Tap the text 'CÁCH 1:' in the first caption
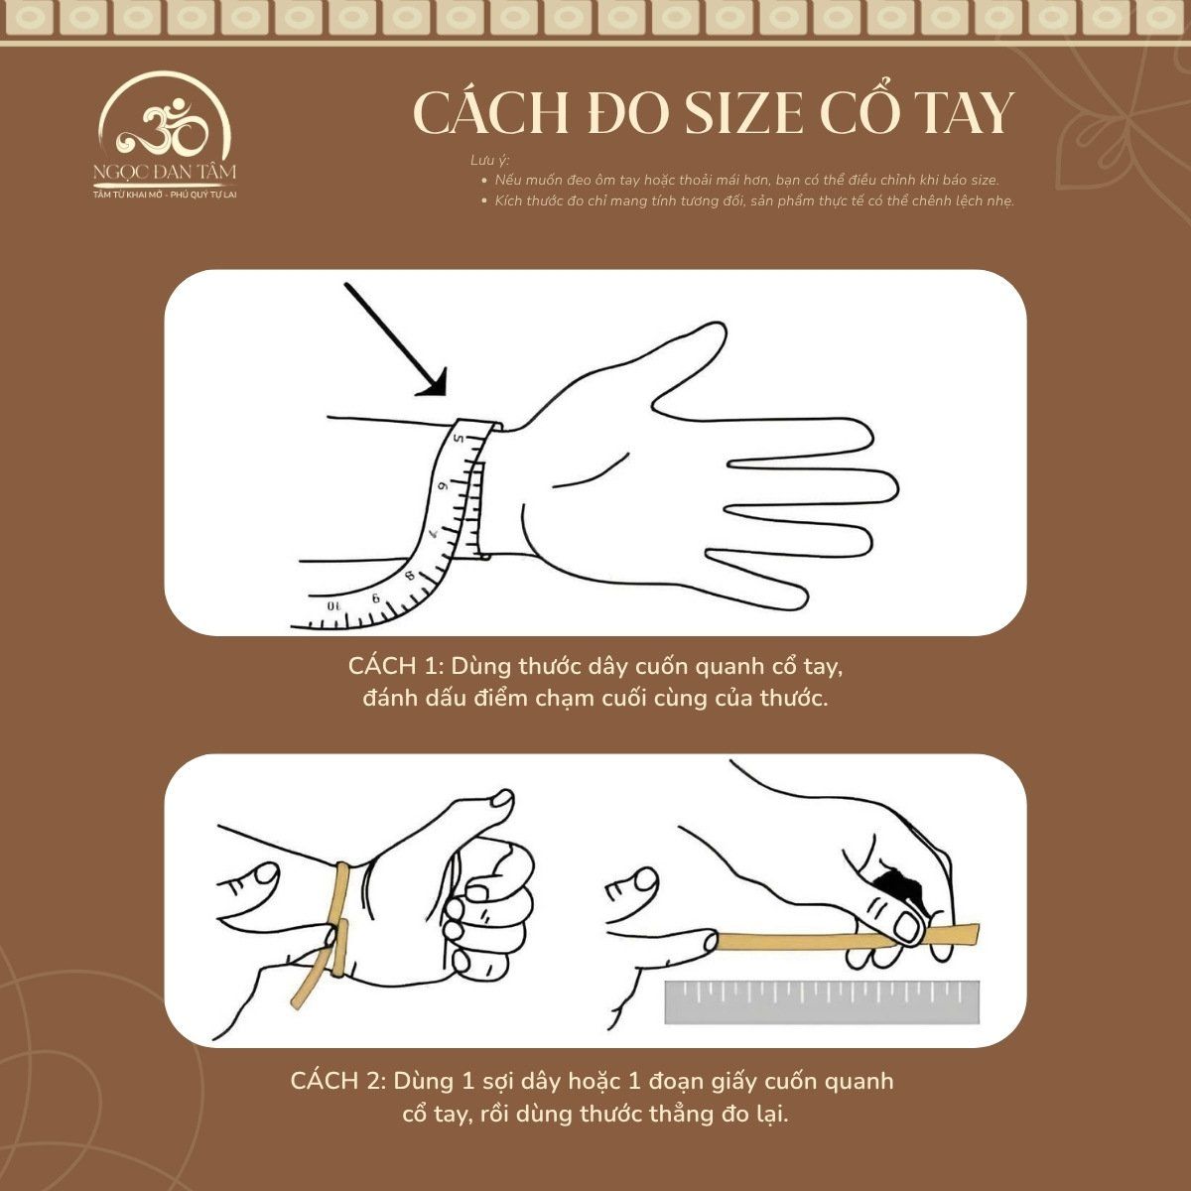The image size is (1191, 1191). [x=402, y=665]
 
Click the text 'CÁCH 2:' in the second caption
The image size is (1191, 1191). [x=338, y=1081]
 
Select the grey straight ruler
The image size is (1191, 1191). [x=822, y=1002]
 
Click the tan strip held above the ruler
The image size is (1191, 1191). [x=844, y=938]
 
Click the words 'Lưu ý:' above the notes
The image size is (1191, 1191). [x=490, y=161]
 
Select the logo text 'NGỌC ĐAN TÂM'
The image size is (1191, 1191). [x=165, y=172]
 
